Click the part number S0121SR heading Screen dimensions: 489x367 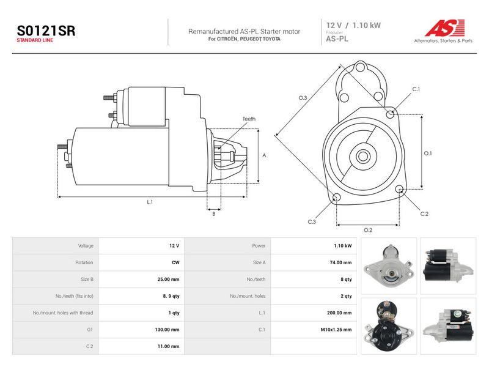46,31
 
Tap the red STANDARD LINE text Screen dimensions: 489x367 35,40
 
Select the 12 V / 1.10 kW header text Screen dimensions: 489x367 353,25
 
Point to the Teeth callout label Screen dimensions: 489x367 249,119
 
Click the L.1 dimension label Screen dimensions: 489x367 150,202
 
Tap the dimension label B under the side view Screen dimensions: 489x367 213,214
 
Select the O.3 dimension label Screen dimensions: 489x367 303,98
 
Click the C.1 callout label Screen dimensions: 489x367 416,89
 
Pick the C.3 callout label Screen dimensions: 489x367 312,222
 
